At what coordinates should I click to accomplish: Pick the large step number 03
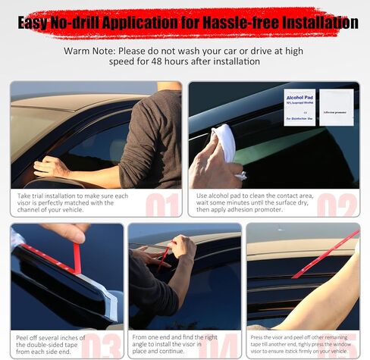click(x=102, y=345)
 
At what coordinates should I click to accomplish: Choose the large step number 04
click(x=219, y=345)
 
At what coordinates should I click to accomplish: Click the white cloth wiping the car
click(x=225, y=142)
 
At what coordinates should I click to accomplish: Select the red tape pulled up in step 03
click(x=77, y=258)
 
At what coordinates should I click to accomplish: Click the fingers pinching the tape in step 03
click(x=66, y=232)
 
